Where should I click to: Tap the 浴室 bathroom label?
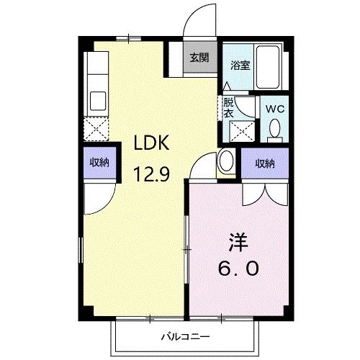pyautogui.click(x=240, y=65)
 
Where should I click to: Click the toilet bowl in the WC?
pyautogui.click(x=274, y=130)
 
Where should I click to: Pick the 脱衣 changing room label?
pyautogui.click(x=228, y=109)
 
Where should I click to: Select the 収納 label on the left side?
pyautogui.click(x=99, y=163)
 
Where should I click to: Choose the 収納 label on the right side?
pyautogui.click(x=265, y=163)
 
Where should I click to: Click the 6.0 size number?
pyautogui.click(x=238, y=268)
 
